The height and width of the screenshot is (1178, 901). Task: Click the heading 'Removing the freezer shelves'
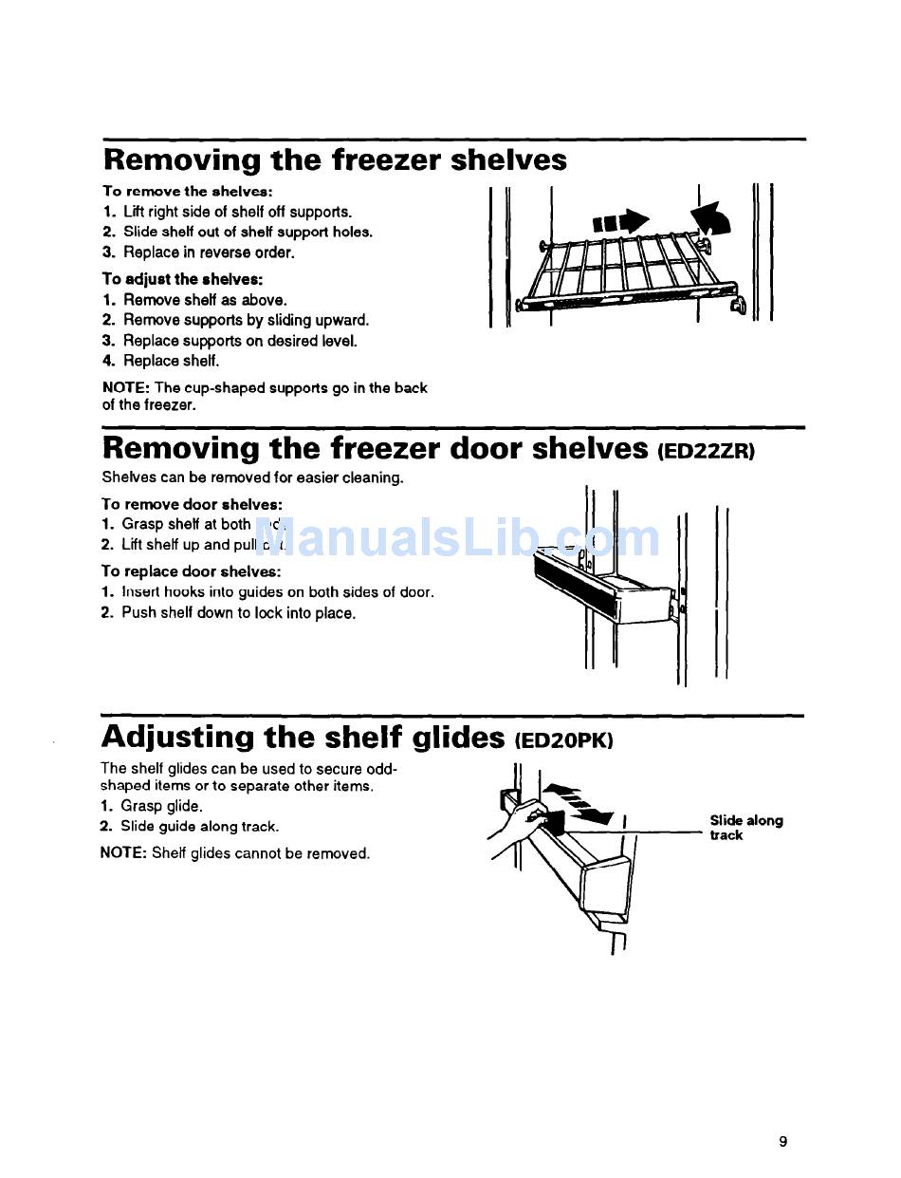[x=334, y=159]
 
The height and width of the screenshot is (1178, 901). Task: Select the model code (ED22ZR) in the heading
[x=706, y=452]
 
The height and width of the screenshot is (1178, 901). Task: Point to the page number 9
[x=783, y=1141]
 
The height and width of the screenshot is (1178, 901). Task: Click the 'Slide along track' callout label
[x=745, y=828]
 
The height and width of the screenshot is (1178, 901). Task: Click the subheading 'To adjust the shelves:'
[x=182, y=279]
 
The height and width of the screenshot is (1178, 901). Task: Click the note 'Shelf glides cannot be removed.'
[x=235, y=853]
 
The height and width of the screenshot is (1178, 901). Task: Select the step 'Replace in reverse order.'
[x=209, y=252]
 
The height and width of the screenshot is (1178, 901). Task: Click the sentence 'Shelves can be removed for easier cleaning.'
[x=252, y=477]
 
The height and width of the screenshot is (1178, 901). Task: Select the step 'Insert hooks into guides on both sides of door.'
[x=277, y=592]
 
